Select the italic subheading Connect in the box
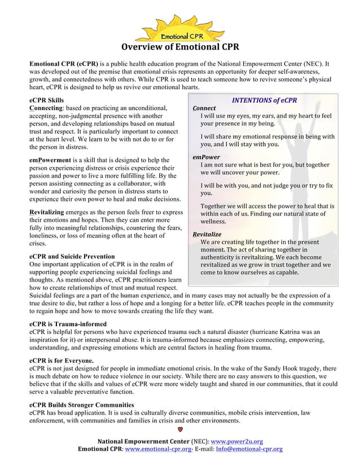pyautogui.click(x=204, y=109)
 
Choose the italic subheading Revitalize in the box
pyautogui.click(x=207, y=234)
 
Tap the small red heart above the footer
pyautogui.click(x=180, y=433)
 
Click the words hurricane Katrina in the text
pyautogui.click(x=286, y=332)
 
